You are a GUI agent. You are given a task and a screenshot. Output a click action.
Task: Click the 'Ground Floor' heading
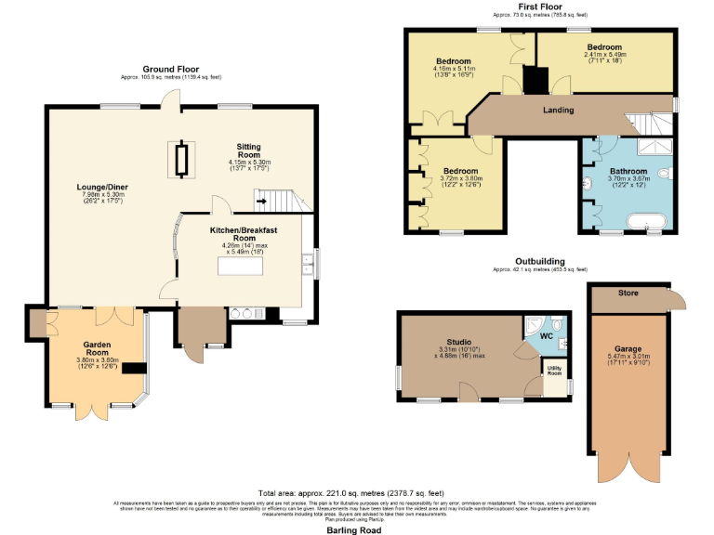click(x=170, y=69)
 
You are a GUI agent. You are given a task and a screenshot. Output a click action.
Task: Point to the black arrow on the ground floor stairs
click(x=263, y=200)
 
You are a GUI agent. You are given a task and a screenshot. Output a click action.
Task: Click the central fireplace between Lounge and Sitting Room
click(x=180, y=159)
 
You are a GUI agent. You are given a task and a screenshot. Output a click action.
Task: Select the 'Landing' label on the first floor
click(x=559, y=111)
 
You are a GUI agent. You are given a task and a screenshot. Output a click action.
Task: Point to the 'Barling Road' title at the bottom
click(x=353, y=530)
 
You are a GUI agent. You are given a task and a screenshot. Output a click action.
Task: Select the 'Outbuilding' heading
click(x=540, y=262)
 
